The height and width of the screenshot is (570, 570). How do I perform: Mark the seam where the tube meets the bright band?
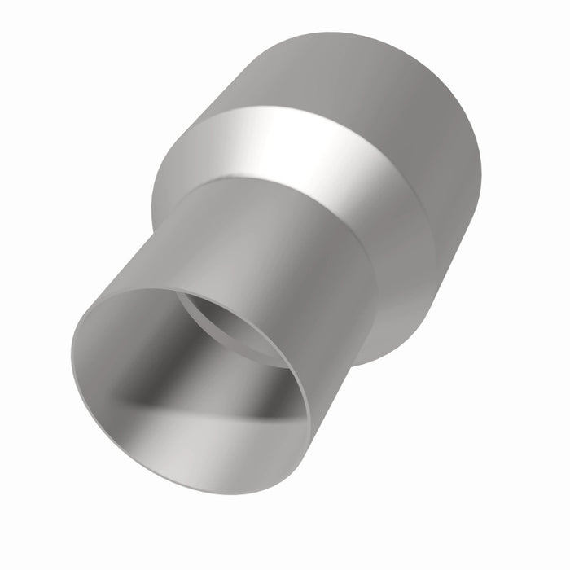269,183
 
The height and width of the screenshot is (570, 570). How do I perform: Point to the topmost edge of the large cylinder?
342,33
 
